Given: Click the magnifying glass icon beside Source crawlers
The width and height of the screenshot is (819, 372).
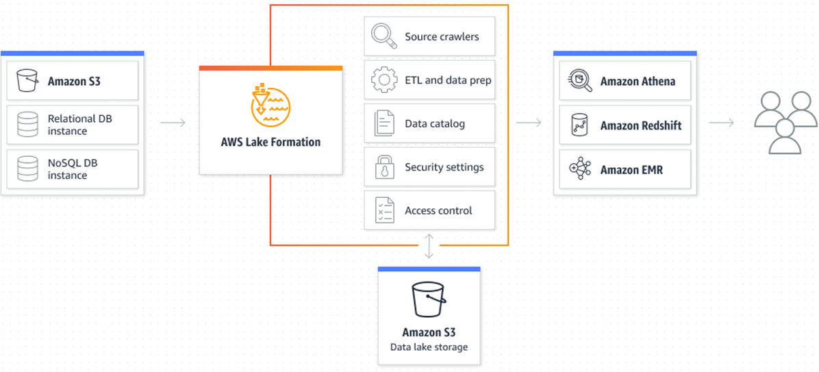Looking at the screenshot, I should point(383,36).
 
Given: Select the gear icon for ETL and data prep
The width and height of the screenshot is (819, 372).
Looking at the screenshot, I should point(383,79).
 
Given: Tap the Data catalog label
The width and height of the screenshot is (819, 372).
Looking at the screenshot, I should point(435,123).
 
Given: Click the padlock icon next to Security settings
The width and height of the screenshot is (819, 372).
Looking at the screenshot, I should point(383,166).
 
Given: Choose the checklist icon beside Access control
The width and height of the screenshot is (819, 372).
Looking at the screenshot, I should point(383,210).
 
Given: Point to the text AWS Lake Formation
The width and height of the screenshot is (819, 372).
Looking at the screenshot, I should point(270,142).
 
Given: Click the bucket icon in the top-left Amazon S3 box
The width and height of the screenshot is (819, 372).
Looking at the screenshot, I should point(27,81).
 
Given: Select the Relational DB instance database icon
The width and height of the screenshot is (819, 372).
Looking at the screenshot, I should point(27,124).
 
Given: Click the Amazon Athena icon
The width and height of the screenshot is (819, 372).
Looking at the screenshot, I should point(580,81).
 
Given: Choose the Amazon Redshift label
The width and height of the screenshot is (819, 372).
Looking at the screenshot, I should point(641,125).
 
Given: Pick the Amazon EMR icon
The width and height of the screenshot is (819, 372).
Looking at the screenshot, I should point(580,169).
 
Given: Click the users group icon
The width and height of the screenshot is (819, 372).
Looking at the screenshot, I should point(785,121).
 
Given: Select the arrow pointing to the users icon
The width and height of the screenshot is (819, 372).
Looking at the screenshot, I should point(722,123).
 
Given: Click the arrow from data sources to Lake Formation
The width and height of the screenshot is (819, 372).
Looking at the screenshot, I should point(173,123).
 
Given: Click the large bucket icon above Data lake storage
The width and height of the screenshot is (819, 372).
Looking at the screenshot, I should point(429,299).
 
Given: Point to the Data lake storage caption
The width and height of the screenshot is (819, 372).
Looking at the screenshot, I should point(429,347).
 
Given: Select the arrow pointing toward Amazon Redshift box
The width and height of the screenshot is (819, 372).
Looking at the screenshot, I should point(529,123).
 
